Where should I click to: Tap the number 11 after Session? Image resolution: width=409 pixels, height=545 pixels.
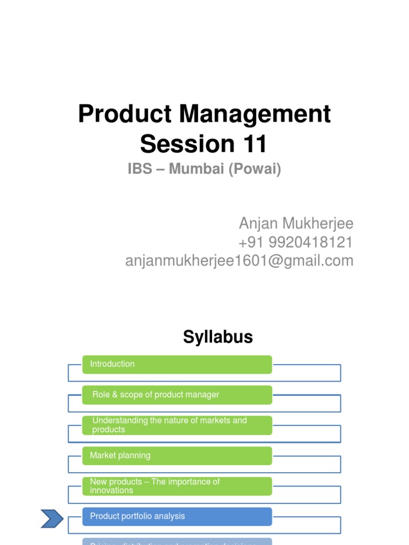point(252,144)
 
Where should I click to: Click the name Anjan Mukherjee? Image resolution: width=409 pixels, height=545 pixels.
point(296,224)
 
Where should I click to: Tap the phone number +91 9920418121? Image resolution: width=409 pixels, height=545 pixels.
point(296,242)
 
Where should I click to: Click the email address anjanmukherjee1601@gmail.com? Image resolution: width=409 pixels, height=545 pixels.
point(239,261)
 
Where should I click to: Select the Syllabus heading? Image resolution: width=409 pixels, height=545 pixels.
point(218,337)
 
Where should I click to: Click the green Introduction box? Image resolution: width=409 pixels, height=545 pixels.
point(177,365)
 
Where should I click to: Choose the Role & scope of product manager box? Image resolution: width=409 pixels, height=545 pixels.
point(177,395)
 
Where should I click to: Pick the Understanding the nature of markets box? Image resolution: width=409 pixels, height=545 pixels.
point(177,425)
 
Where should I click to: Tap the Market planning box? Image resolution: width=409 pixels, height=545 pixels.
point(177,456)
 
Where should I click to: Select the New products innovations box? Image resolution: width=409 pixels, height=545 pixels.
point(177,486)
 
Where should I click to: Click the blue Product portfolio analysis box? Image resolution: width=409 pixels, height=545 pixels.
point(177,516)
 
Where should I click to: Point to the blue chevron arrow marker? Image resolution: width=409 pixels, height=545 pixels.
point(52,519)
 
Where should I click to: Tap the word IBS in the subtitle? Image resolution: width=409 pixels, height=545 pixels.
point(140,169)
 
